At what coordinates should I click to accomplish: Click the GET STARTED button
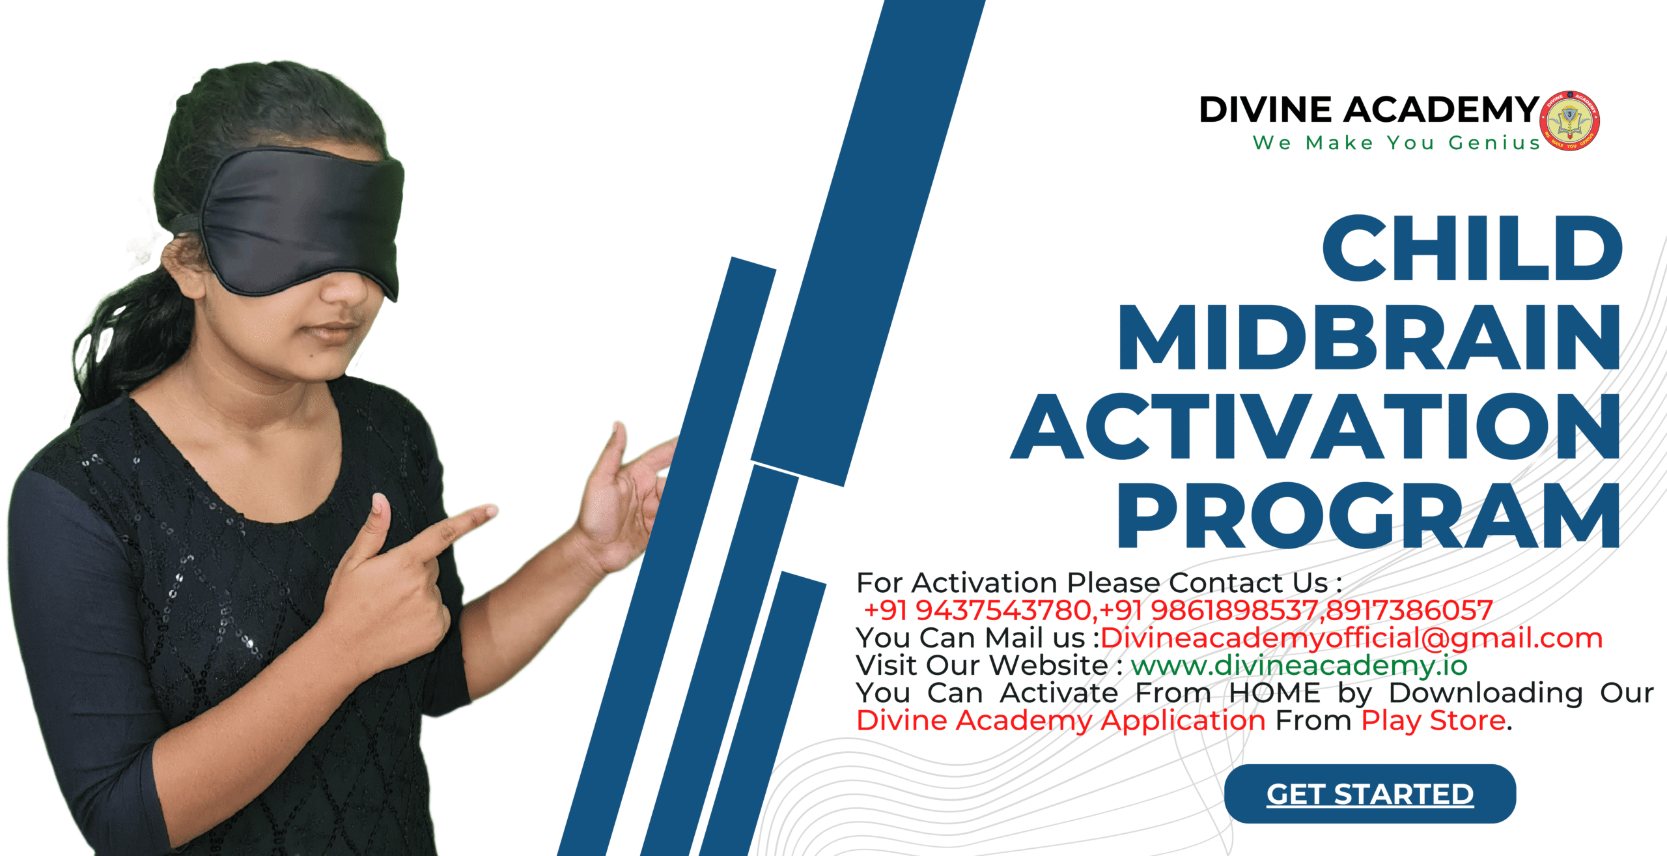point(1370,793)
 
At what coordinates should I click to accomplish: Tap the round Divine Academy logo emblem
point(1570,121)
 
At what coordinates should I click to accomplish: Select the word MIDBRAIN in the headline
point(1369,337)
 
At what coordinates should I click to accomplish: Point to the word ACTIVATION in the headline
point(1315,426)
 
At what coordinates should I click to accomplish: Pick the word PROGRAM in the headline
point(1369,515)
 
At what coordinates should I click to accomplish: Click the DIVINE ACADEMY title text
point(1369,109)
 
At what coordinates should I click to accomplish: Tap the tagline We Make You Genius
point(1396,143)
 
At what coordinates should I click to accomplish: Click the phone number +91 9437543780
point(977,610)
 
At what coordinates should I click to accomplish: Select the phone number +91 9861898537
point(1209,610)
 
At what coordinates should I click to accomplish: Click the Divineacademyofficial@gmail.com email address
point(1351,638)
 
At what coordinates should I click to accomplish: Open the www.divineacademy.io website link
point(1299,666)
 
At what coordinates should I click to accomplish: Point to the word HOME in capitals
point(1274,692)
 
